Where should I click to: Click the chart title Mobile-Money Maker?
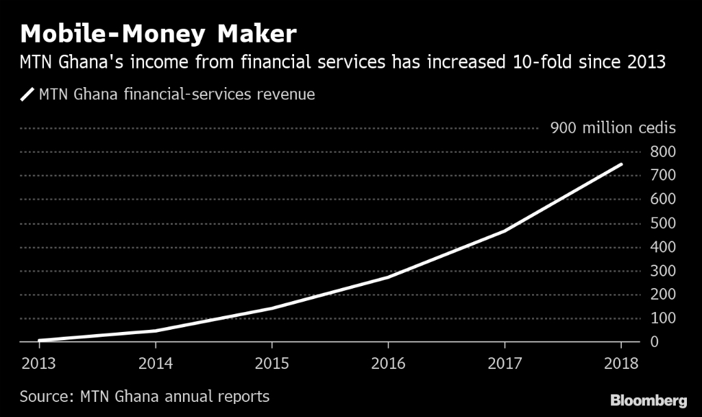point(159,33)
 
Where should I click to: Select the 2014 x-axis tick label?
point(156,363)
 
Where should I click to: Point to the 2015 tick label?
point(272,363)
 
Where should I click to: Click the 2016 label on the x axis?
point(388,363)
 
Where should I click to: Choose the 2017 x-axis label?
point(505,363)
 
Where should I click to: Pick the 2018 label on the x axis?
point(621,363)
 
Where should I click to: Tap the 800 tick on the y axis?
point(664,152)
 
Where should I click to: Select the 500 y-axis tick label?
point(664,223)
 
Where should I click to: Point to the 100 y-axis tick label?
point(664,318)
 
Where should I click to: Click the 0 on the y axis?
point(655,342)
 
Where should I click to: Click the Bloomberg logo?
point(648,400)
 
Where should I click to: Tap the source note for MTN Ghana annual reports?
point(145,396)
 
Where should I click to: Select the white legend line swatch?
point(27,95)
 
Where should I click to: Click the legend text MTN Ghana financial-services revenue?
point(177,95)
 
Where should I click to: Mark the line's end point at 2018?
point(621,164)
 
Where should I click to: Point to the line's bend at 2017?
point(505,230)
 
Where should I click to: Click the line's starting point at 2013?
point(39,340)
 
